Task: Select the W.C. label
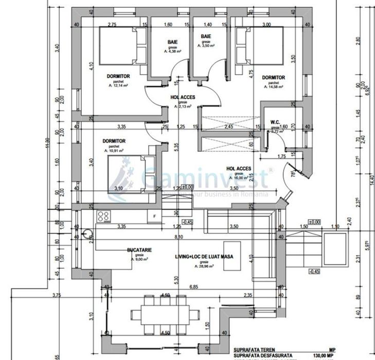point(274,122)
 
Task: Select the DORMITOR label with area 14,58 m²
point(273,78)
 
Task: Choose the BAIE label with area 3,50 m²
point(206,37)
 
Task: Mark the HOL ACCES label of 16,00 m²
point(239,168)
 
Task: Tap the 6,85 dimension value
point(194,286)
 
